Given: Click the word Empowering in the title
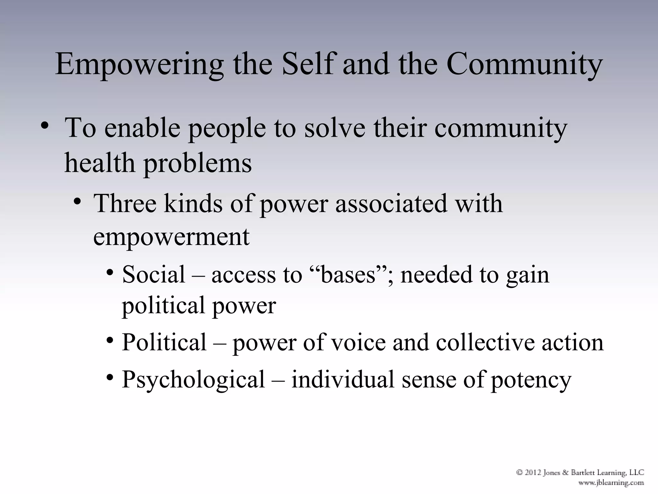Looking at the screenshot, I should click(139, 64).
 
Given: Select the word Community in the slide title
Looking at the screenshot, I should click(524, 64).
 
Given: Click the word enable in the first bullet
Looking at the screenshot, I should click(142, 128).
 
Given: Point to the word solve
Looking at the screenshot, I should click(334, 128).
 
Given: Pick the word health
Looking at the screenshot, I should click(100, 163).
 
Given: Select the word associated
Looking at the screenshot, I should click(391, 204).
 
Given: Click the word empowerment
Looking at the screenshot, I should click(171, 237).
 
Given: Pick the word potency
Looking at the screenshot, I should click(531, 380).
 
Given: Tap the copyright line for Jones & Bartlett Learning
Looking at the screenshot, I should click(580, 473).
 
